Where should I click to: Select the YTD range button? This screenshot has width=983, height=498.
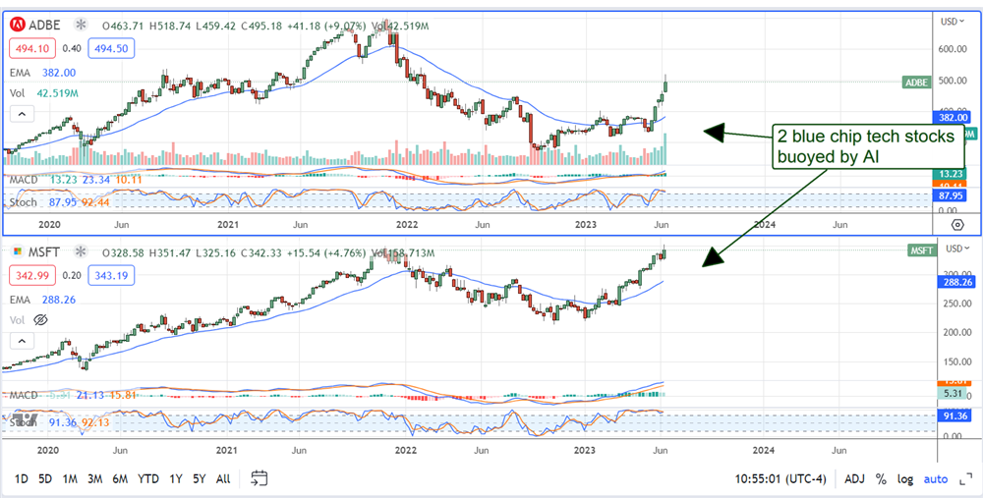pos(147,478)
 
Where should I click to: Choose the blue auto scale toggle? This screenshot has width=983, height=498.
pos(937,478)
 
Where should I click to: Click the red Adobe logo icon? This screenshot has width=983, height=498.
pos(17,22)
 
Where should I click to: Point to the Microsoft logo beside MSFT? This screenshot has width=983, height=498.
pos(17,250)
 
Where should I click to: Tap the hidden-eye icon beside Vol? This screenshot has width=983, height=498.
pos(40,320)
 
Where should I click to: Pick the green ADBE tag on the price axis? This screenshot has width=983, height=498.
pos(915,83)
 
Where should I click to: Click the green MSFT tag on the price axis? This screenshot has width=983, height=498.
pos(921,251)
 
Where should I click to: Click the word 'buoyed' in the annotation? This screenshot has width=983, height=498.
pos(801,156)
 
